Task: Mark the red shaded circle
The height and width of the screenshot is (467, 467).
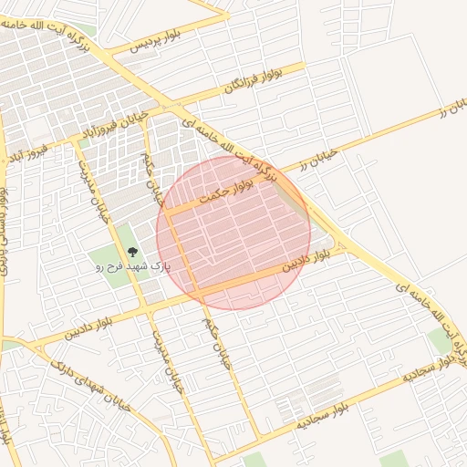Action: (233, 233)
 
